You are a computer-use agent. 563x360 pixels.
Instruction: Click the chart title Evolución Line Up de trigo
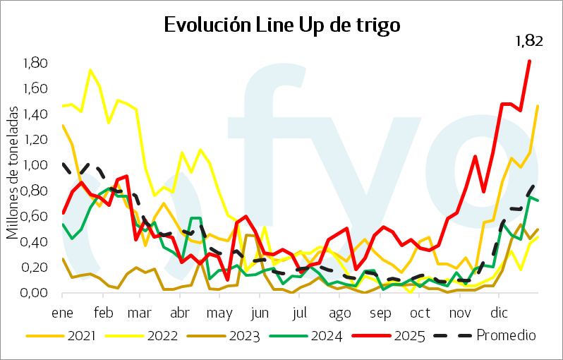(x=281, y=25)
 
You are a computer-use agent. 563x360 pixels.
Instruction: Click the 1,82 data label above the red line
(x=528, y=42)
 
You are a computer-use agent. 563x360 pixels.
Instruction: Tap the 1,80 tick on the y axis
(x=35, y=64)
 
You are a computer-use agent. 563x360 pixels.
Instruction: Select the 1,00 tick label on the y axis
(x=35, y=166)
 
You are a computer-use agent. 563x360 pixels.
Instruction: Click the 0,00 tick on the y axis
(x=35, y=294)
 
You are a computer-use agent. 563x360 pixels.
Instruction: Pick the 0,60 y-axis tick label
(x=35, y=217)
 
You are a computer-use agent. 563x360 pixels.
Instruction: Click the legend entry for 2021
(x=68, y=337)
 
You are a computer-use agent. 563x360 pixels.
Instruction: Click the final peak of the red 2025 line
(x=529, y=61)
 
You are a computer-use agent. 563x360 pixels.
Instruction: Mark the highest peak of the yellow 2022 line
(x=90, y=70)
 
